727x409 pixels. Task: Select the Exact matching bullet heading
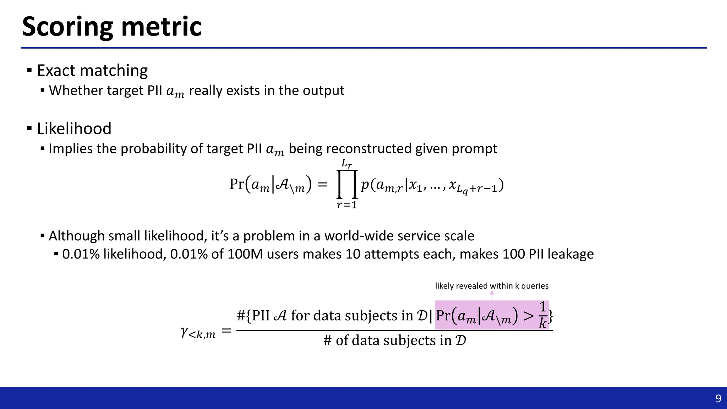pos(92,70)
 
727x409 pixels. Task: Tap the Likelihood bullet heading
pos(74,129)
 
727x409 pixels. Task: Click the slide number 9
pos(718,399)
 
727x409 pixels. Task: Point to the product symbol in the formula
pos(346,185)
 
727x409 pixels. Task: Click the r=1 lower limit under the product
pos(346,205)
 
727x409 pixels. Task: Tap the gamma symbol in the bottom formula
pos(185,332)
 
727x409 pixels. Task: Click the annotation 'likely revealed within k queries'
pos(492,286)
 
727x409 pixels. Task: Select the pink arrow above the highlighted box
pos(492,295)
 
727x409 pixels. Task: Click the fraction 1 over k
pos(542,315)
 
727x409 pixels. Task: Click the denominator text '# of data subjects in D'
pos(394,340)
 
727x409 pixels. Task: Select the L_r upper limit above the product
pos(346,164)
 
